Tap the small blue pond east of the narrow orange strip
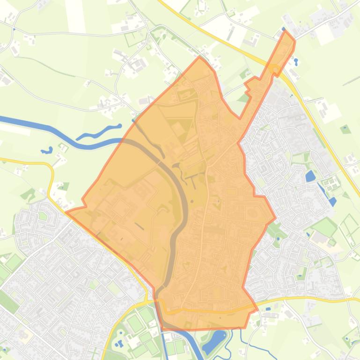tap(296, 61)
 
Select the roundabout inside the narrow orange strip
tap(276, 70)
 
